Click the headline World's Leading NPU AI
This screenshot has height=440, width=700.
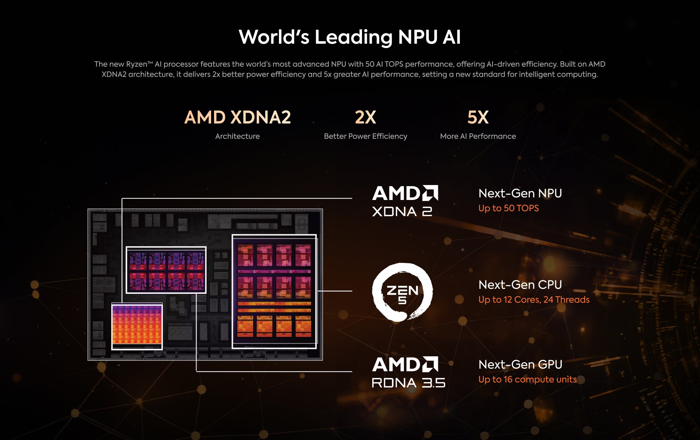coord(350,37)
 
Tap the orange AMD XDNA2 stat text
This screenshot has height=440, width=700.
coord(237,117)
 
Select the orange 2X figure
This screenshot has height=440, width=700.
coord(365,117)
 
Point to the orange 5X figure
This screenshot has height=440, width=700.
coord(478,117)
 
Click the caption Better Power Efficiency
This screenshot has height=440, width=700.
coord(365,136)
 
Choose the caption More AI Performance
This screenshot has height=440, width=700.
coord(478,136)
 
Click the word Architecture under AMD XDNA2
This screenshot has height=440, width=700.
coord(237,136)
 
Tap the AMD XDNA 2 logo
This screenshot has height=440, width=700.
coord(405,201)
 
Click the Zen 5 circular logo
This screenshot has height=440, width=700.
coord(402,292)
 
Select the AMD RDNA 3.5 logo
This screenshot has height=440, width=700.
coord(408,372)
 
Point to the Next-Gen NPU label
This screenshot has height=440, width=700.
coord(520,193)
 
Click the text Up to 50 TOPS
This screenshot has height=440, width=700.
coord(508,208)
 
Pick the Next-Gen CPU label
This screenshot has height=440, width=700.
coord(520,285)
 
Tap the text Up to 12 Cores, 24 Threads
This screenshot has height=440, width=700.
coord(534,300)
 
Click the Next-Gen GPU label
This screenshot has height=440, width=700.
coord(520,365)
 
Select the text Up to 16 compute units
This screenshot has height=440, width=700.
coord(527,380)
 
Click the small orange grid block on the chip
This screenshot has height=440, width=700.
coord(137,326)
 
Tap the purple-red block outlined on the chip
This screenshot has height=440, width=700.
coord(166,270)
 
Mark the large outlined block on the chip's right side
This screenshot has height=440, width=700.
coord(274,291)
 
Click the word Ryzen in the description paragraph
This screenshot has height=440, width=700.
coord(136,64)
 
